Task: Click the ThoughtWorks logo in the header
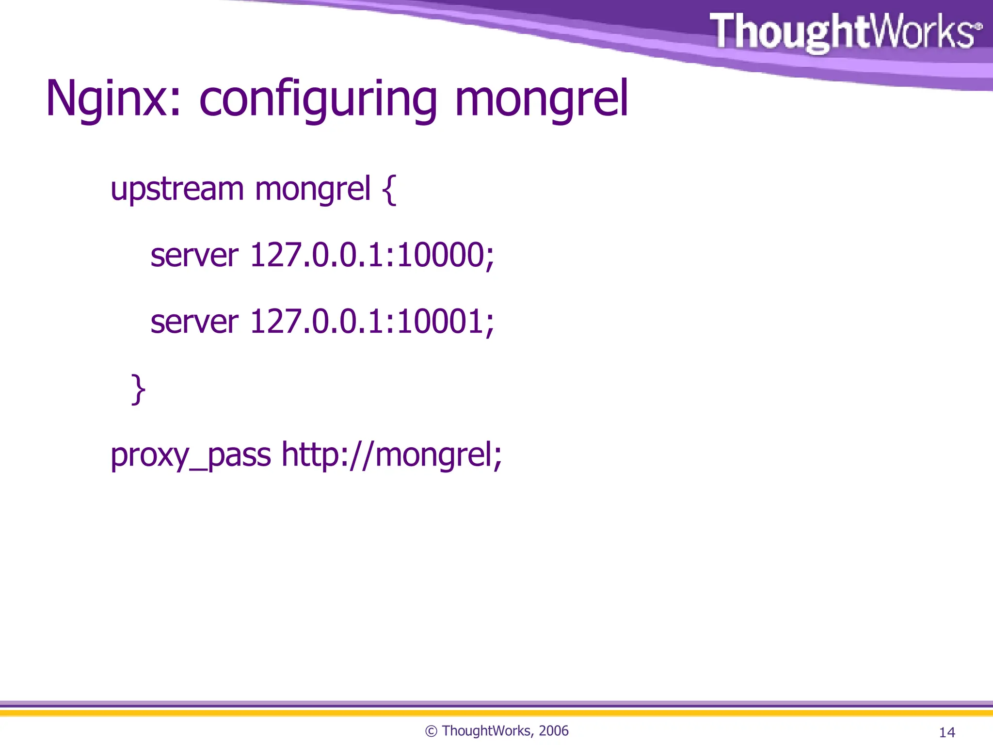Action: point(846,32)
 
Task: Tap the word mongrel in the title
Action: point(541,100)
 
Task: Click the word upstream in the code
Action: point(177,189)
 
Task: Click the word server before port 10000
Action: point(194,256)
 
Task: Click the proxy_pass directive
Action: point(191,456)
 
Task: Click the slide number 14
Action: point(947,732)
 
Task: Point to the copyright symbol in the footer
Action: point(431,731)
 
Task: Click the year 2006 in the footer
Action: point(553,730)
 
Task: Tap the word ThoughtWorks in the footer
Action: point(486,730)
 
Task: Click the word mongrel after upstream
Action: point(313,189)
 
